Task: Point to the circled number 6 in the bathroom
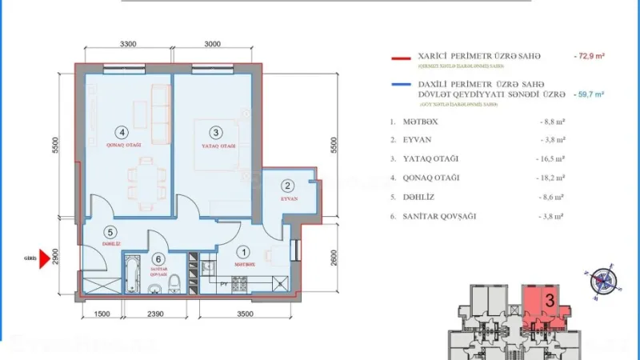tap(159, 258)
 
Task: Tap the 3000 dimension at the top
tap(212, 45)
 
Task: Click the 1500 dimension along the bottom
tap(101, 314)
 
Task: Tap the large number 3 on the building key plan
tap(550, 301)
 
